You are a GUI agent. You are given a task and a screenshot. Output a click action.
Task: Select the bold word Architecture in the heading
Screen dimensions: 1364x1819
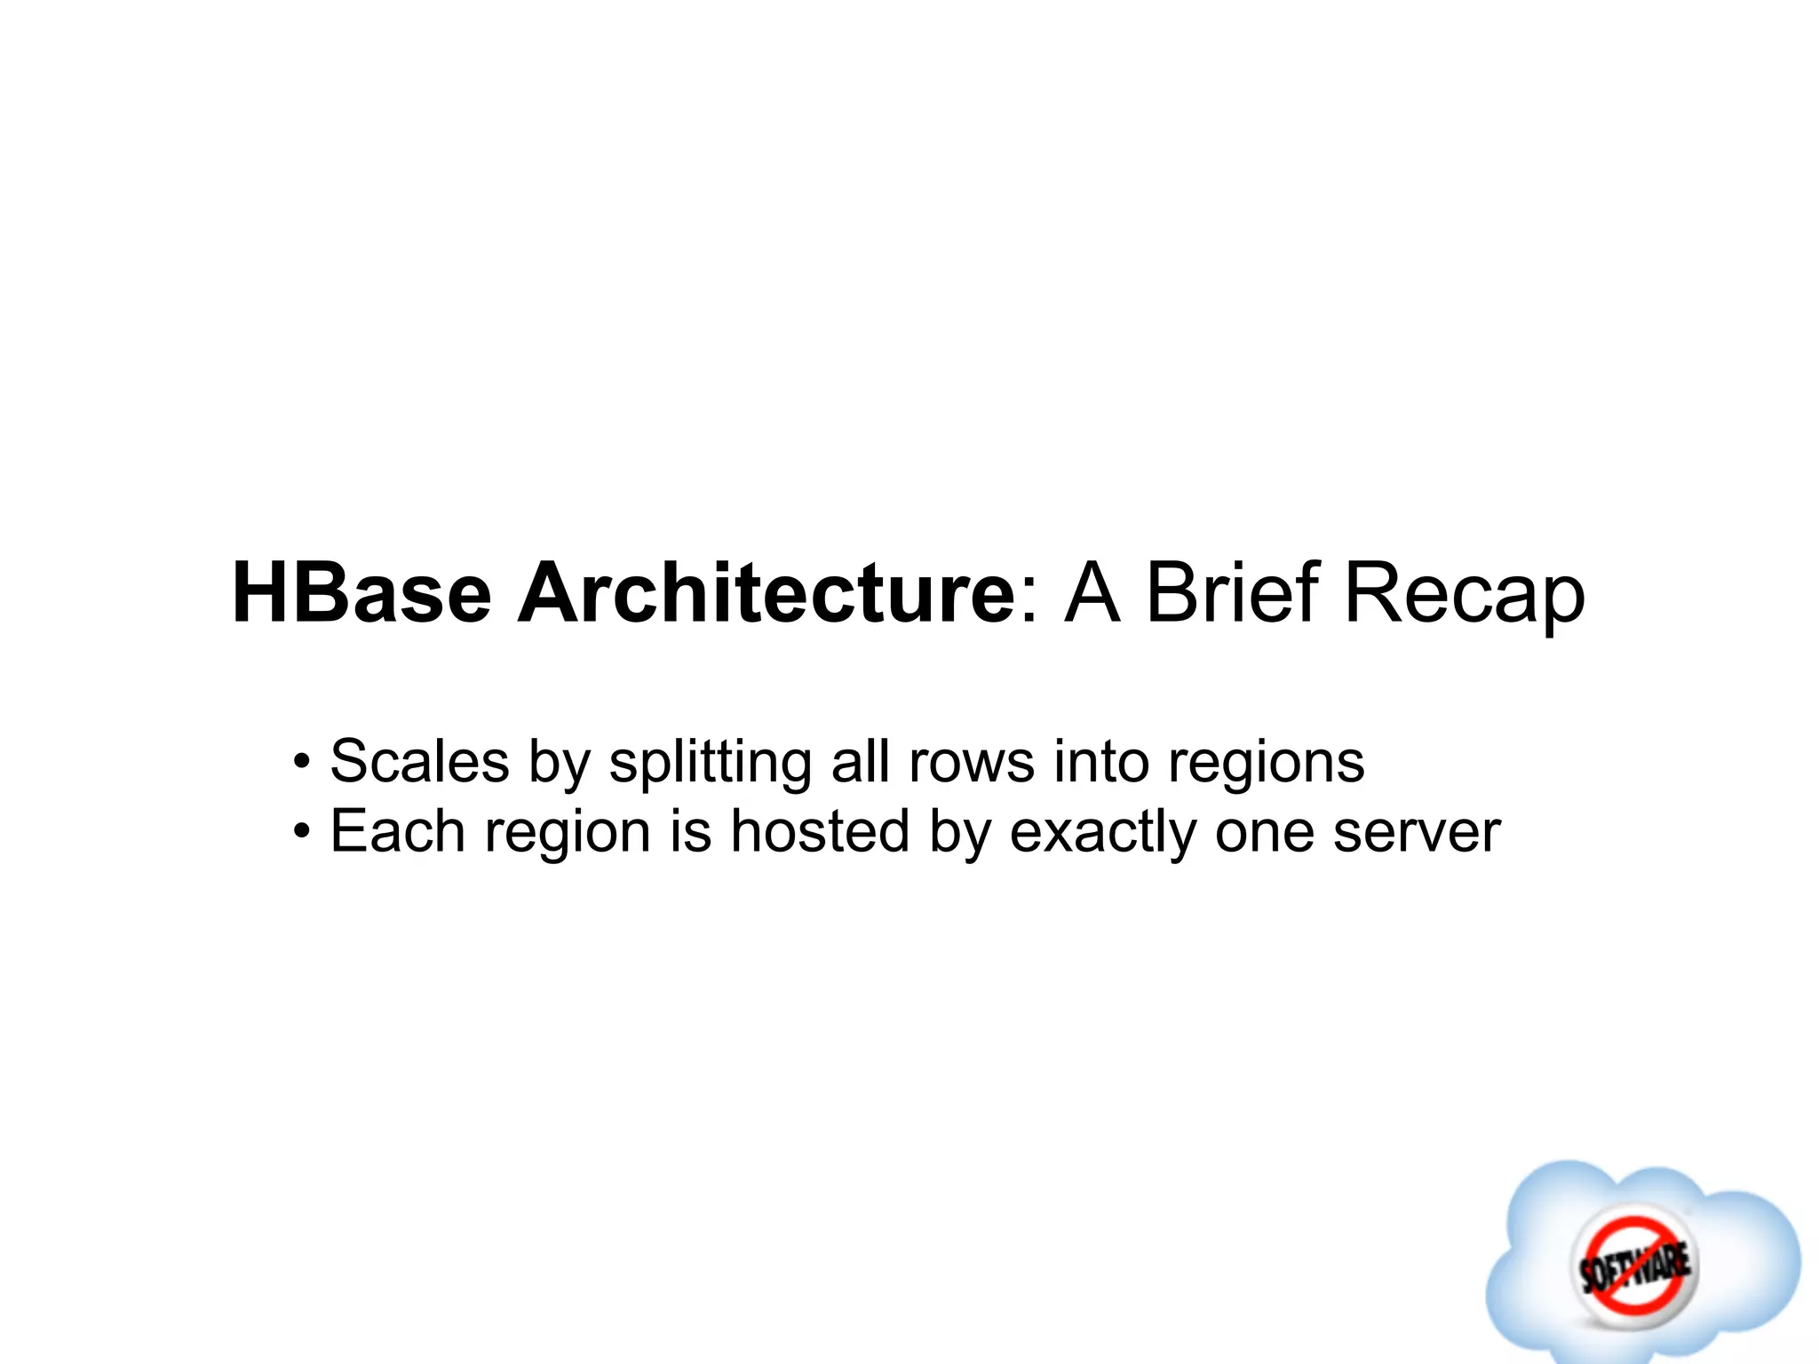765,593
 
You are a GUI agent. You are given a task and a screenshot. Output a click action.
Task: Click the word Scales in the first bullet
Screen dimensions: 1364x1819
419,761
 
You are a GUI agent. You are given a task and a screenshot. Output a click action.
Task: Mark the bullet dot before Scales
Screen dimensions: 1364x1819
303,763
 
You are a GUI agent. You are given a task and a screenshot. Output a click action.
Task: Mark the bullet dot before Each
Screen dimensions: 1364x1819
303,833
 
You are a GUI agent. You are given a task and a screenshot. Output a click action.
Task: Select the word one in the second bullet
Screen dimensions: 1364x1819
1265,833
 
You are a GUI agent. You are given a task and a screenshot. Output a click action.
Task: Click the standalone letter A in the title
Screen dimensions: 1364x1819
1092,593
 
